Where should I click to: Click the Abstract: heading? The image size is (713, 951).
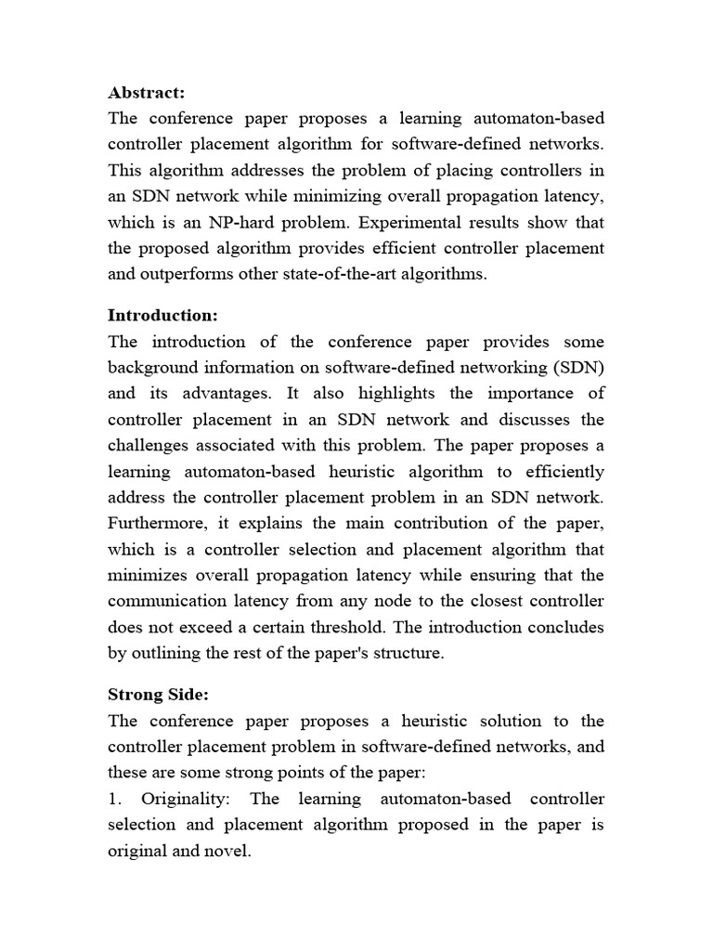pos(147,92)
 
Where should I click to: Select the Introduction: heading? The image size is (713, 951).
pos(162,315)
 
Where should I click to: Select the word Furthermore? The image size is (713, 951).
pos(155,523)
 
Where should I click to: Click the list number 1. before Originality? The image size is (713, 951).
pos(115,798)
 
